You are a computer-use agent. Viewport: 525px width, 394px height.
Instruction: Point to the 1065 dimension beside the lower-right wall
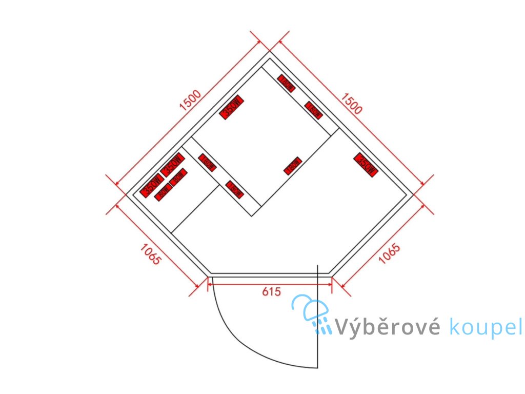coord(389,254)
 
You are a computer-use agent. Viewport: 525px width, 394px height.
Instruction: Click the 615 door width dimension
coord(271,292)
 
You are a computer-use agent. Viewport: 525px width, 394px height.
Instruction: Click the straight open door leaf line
coord(318,318)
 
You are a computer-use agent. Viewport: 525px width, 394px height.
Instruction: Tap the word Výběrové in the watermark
coord(387,327)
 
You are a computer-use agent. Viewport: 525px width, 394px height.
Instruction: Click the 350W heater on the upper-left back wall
coord(231,108)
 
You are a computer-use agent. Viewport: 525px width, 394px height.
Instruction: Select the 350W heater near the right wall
coord(366,164)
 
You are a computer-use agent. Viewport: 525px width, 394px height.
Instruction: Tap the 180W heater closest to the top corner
coord(287,83)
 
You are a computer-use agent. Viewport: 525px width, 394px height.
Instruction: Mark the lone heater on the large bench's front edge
coord(292,166)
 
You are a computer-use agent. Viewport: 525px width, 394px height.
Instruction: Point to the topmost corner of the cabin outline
coord(269,52)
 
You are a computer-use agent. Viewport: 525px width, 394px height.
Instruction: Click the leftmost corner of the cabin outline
coord(126,194)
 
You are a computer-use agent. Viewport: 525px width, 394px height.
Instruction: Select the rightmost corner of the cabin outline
coord(413,194)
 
